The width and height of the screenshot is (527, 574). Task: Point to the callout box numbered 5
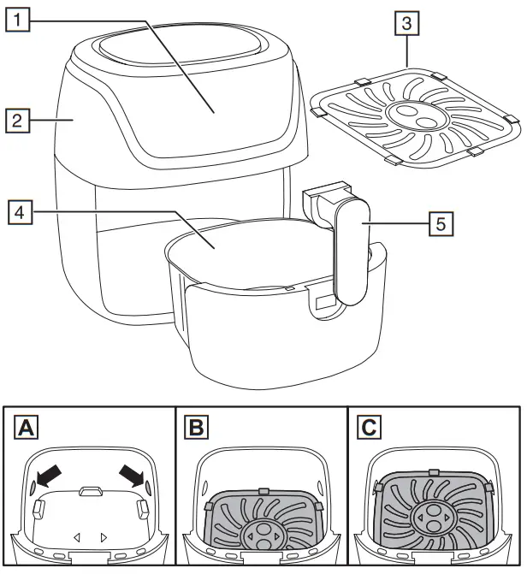(441, 223)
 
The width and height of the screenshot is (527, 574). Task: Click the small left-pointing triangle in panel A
(77, 537)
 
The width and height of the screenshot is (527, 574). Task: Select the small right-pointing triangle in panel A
(104, 537)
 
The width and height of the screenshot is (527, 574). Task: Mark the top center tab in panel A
(90, 492)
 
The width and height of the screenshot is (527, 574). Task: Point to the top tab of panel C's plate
(435, 471)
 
